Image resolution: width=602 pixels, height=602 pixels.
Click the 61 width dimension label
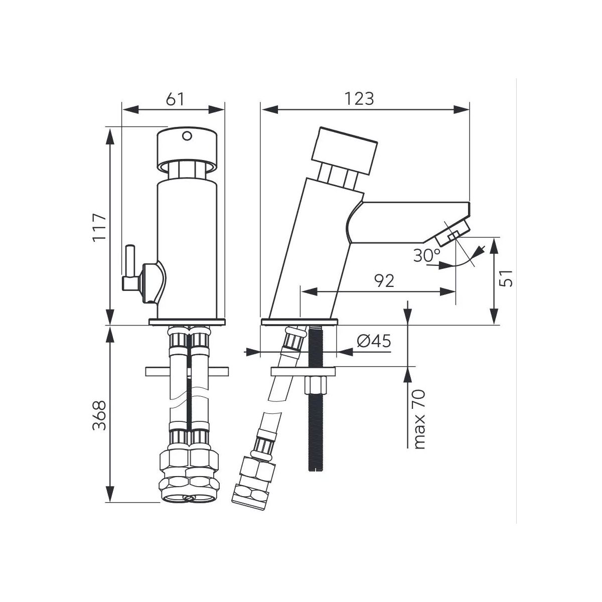tap(175, 99)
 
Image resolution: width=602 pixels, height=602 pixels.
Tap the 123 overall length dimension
tap(359, 99)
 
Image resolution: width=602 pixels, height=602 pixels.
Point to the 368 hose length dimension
tap(100, 415)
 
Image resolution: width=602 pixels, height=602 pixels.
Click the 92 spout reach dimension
tap(384, 281)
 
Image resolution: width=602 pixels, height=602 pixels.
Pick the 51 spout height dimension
tap(506, 278)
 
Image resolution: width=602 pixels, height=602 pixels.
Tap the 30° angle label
tap(427, 255)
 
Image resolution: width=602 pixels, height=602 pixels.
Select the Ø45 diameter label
tap(374, 341)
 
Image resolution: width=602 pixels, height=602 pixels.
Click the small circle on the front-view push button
tap(187, 136)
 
